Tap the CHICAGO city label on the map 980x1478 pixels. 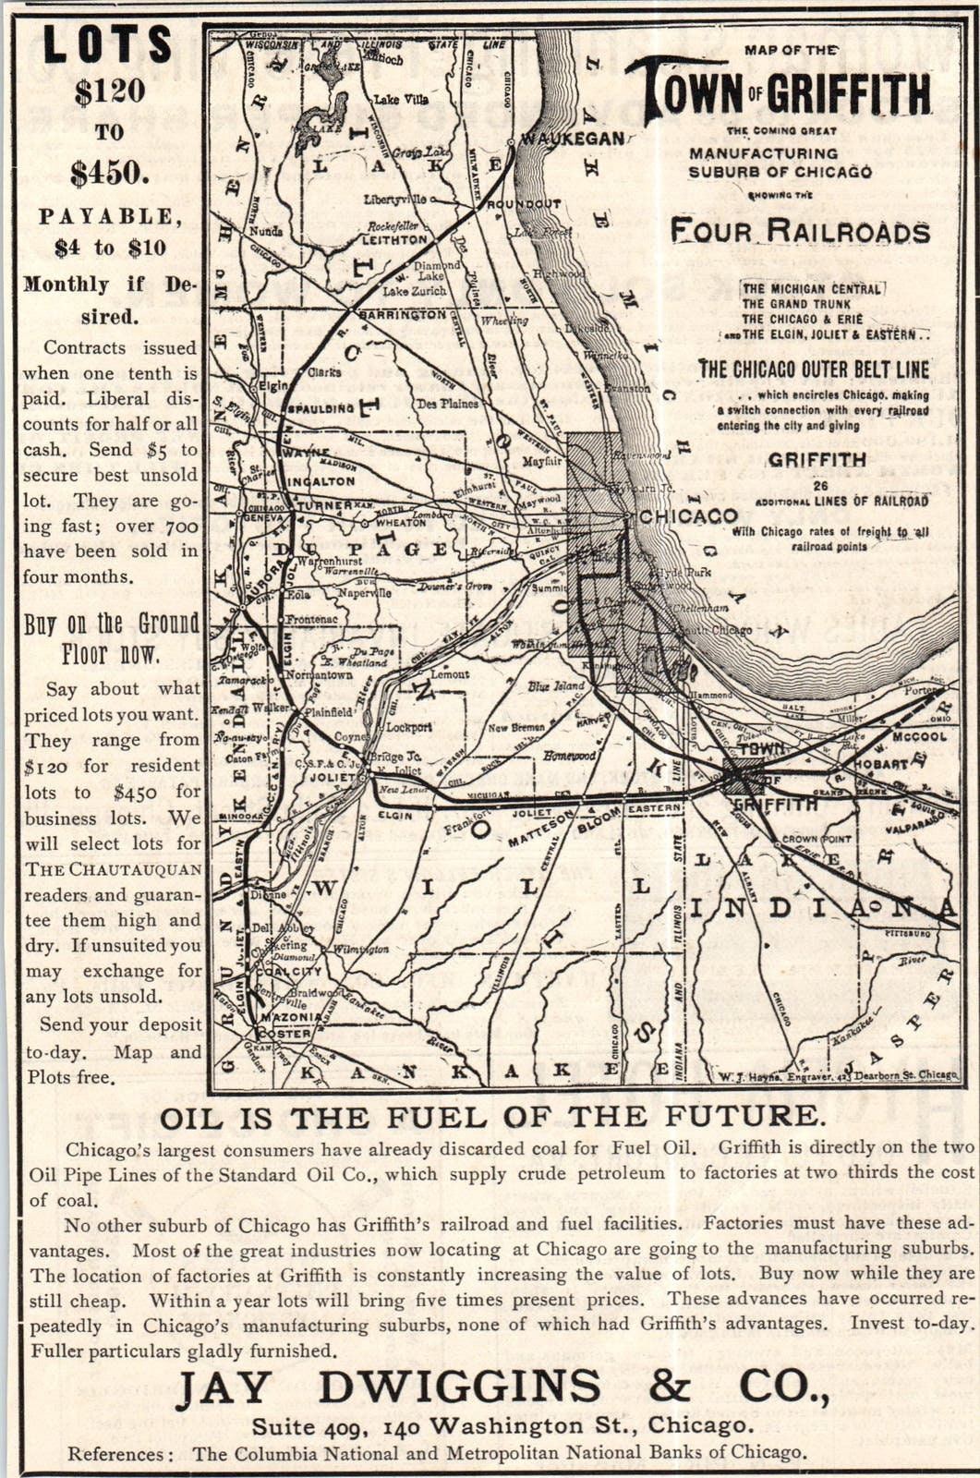point(689,515)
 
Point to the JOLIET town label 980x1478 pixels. point(336,778)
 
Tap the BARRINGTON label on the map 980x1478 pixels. point(403,315)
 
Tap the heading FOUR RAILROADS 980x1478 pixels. point(800,231)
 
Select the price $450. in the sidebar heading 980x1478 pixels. point(109,173)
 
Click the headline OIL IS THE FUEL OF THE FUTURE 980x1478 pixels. point(492,1116)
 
